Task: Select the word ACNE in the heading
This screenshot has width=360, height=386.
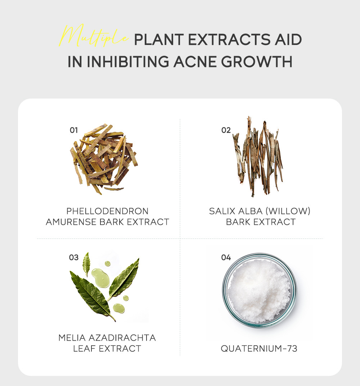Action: [x=195, y=62]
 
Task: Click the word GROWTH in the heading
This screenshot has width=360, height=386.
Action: [x=257, y=62]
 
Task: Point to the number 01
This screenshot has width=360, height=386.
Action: [x=74, y=130]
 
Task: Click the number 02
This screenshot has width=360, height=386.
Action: [x=226, y=130]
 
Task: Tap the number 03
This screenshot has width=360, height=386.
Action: [x=74, y=257]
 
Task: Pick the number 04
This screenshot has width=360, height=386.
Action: [x=226, y=257]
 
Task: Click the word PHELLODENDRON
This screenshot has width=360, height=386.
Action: [x=107, y=211]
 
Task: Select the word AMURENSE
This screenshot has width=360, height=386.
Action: [x=71, y=222]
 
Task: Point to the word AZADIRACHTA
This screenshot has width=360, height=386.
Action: [x=122, y=337]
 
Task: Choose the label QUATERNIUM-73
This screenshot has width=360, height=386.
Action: [x=259, y=348]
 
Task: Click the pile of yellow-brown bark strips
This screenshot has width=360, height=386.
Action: [x=104, y=159]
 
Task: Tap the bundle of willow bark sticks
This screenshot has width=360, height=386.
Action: [x=258, y=156]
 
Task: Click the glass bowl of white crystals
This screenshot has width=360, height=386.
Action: [x=260, y=290]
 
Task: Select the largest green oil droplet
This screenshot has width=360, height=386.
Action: [x=101, y=278]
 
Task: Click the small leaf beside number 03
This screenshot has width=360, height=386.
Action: [x=86, y=264]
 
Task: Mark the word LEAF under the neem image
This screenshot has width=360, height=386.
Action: [x=84, y=348]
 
